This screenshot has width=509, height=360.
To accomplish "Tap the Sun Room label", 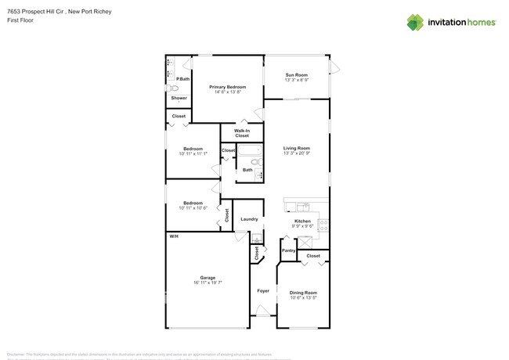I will pyautogui.click(x=296, y=74).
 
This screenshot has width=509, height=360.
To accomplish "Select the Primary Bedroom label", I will pyautogui.click(x=227, y=87).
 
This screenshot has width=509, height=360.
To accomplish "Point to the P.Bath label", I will pyautogui.click(x=182, y=79).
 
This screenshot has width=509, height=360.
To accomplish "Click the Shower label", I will pyautogui.click(x=179, y=98).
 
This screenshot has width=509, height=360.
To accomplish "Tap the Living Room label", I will pyautogui.click(x=296, y=148).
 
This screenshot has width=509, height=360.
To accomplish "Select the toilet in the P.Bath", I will pyautogui.click(x=174, y=89).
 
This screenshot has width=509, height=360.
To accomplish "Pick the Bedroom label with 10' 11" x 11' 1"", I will pyautogui.click(x=193, y=149).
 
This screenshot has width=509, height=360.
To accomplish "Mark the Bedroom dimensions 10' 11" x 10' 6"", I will pyautogui.click(x=193, y=207).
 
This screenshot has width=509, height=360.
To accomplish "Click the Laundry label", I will pyautogui.click(x=249, y=219).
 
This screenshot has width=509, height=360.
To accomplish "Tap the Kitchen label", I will pyautogui.click(x=302, y=221).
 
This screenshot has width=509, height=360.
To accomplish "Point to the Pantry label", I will pyautogui.click(x=288, y=250).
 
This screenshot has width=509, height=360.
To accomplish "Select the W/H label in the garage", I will pyautogui.click(x=172, y=236).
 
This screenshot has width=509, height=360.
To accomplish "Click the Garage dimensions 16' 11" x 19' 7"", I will pyautogui.click(x=208, y=283).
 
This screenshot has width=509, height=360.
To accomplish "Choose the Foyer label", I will pyautogui.click(x=263, y=290).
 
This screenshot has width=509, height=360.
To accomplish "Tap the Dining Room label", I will pyautogui.click(x=302, y=293).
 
